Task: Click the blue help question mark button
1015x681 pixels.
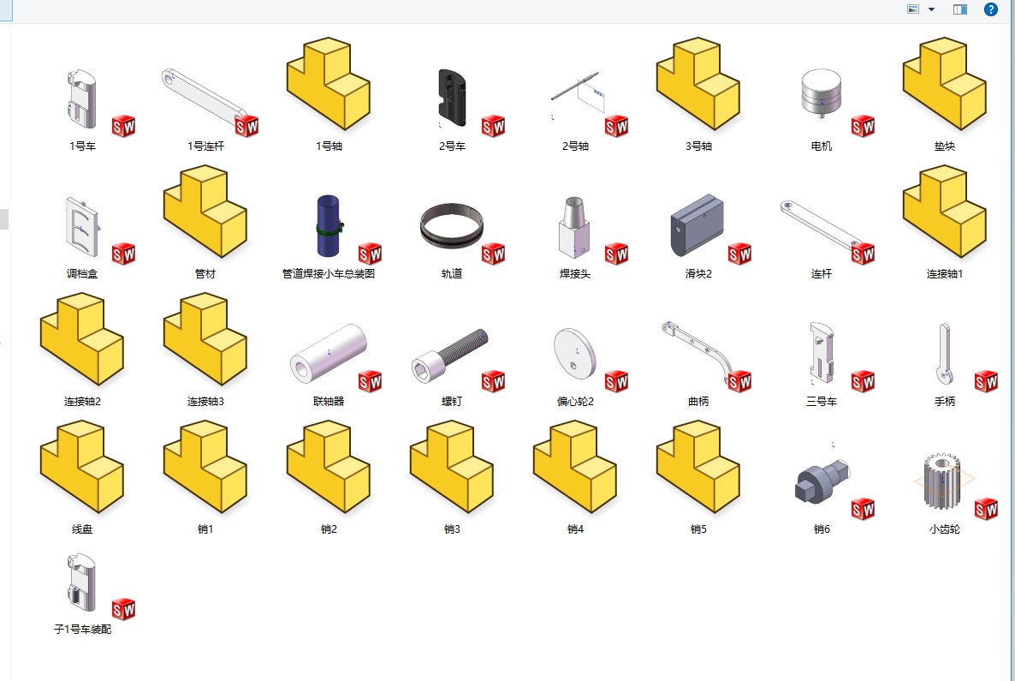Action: coord(990,9)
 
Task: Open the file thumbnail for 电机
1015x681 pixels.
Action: coord(822,93)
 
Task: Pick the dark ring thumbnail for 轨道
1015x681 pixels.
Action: coord(451,225)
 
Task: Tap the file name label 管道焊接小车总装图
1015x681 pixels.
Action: coord(329,274)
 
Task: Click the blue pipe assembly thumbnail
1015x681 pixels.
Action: coord(329,225)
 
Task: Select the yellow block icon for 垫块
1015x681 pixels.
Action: coord(945,84)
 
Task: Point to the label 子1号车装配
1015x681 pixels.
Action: coord(82,629)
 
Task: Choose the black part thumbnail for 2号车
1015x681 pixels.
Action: coord(452,97)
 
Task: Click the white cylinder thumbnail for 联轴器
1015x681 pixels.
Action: coord(328,352)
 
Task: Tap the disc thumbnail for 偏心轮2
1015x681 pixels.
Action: coord(574,354)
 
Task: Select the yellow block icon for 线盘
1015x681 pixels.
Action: coord(82,467)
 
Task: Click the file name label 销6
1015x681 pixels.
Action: coord(822,529)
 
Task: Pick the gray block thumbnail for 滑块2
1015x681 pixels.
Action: coord(697,224)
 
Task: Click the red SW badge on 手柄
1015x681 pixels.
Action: coord(986,382)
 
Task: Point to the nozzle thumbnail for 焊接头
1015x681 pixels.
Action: coord(574,227)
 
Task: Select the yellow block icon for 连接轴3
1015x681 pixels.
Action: coord(205,339)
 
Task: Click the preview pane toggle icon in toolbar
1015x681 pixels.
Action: coord(959,9)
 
